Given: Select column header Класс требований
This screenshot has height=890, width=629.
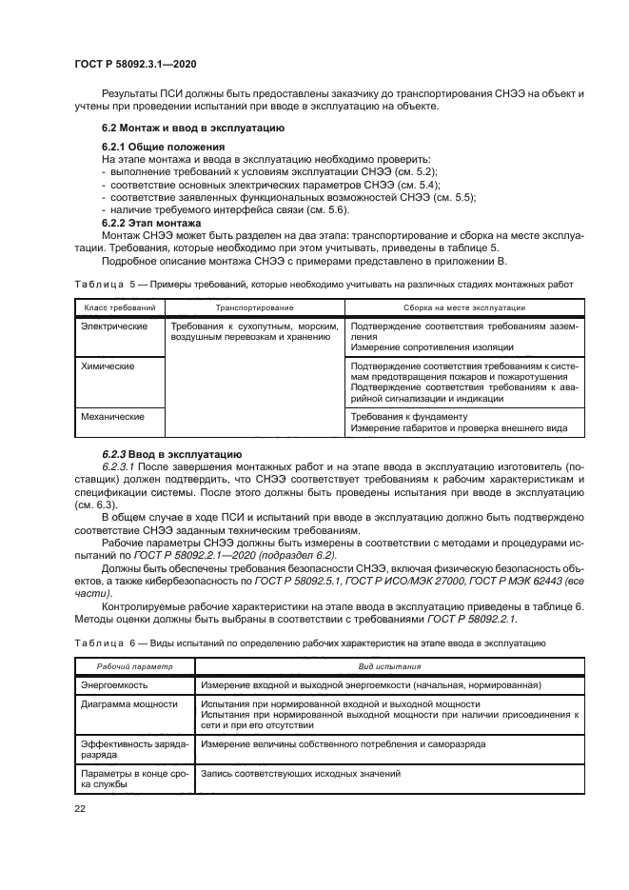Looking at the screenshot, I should click(119, 308).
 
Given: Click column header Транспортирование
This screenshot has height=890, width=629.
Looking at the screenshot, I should click(253, 308).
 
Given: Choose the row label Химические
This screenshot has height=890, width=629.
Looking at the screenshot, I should click(108, 366).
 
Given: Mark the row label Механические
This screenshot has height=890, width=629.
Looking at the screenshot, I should click(112, 417).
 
